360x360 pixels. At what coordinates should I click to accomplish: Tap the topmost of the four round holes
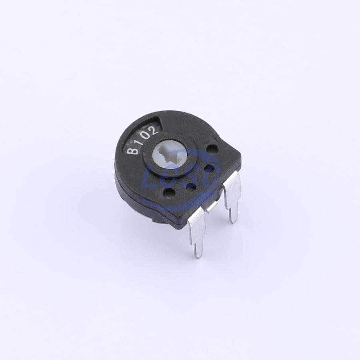(211, 148)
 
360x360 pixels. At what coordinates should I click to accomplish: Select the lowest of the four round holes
(170, 192)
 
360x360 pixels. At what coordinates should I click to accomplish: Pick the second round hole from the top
(210, 169)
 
